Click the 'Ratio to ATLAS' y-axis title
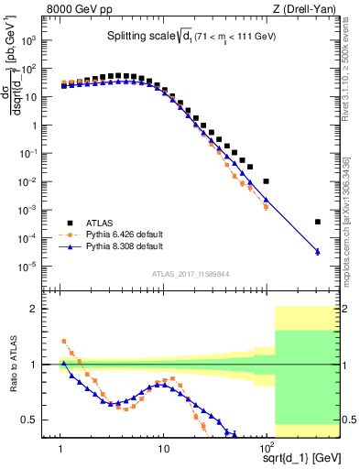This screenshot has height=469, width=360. (x=12, y=365)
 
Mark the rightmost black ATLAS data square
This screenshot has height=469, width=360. (x=317, y=222)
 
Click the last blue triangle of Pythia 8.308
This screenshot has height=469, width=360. (x=317, y=252)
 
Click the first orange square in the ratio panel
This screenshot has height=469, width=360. (x=63, y=341)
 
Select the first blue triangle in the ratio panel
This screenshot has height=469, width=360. (x=63, y=363)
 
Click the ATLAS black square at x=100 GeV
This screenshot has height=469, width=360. (x=266, y=181)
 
